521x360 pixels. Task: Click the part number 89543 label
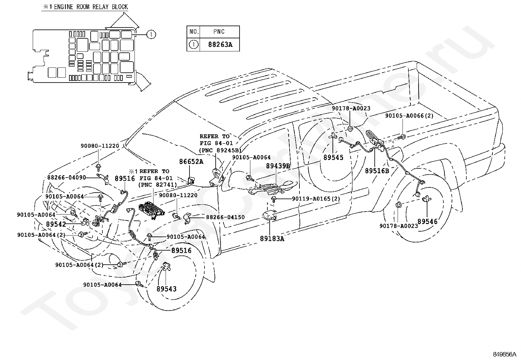coord(167,289)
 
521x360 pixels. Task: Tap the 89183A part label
coord(272,239)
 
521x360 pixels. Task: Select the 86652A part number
coord(191,161)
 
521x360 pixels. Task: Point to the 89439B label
coord(278,166)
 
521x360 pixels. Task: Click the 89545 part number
coord(333,158)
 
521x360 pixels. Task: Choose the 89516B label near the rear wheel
coord(377,171)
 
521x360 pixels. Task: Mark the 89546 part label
coord(427,221)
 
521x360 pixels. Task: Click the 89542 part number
coord(56,224)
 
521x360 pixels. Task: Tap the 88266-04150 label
coord(225,217)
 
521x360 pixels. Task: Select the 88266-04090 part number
coord(66,178)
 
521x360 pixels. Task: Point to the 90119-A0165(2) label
coord(316,199)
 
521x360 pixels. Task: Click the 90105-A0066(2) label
coord(409,116)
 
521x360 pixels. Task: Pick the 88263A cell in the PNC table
coord(220,45)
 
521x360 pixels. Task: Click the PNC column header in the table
coord(219,32)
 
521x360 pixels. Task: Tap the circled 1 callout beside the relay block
coord(151,34)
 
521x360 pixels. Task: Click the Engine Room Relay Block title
coord(85,7)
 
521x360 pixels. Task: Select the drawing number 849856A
coord(505,354)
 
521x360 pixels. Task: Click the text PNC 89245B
coord(220,150)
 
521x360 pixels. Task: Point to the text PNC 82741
coord(157,185)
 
